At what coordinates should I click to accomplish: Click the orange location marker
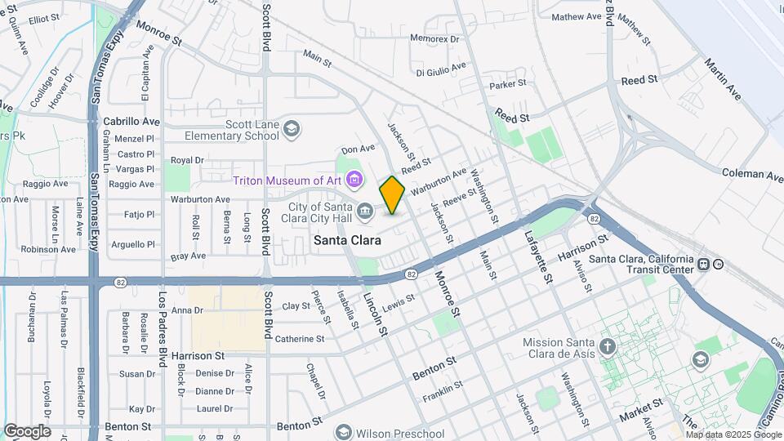pyautogui.click(x=392, y=195)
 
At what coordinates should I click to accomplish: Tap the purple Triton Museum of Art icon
pyautogui.click(x=354, y=179)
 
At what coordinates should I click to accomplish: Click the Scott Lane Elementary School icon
pyautogui.click(x=292, y=128)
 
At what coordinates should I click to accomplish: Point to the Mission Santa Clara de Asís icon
pyautogui.click(x=607, y=348)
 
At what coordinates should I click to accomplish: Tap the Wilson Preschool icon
pyautogui.click(x=343, y=433)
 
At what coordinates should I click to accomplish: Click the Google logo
pyautogui.click(x=27, y=431)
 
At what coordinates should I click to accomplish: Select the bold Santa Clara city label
pyautogui.click(x=347, y=240)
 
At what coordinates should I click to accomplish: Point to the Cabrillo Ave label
pyautogui.click(x=131, y=121)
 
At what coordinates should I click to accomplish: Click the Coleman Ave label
pyautogui.click(x=752, y=173)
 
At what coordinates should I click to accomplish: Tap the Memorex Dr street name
pyautogui.click(x=434, y=38)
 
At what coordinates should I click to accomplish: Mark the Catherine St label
pyautogui.click(x=300, y=338)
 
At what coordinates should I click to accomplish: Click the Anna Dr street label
pyautogui.click(x=186, y=310)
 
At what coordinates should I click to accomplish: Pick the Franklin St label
pyautogui.click(x=443, y=392)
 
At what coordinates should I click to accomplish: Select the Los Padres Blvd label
pyautogui.click(x=163, y=323)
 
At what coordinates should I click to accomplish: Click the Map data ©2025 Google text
pyautogui.click(x=733, y=434)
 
